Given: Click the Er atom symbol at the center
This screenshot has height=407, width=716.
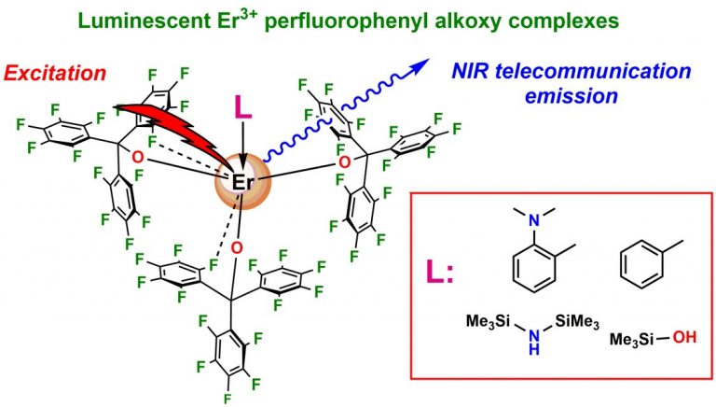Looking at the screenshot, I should [x=241, y=182].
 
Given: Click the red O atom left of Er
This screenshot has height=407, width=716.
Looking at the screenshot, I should [x=137, y=156].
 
